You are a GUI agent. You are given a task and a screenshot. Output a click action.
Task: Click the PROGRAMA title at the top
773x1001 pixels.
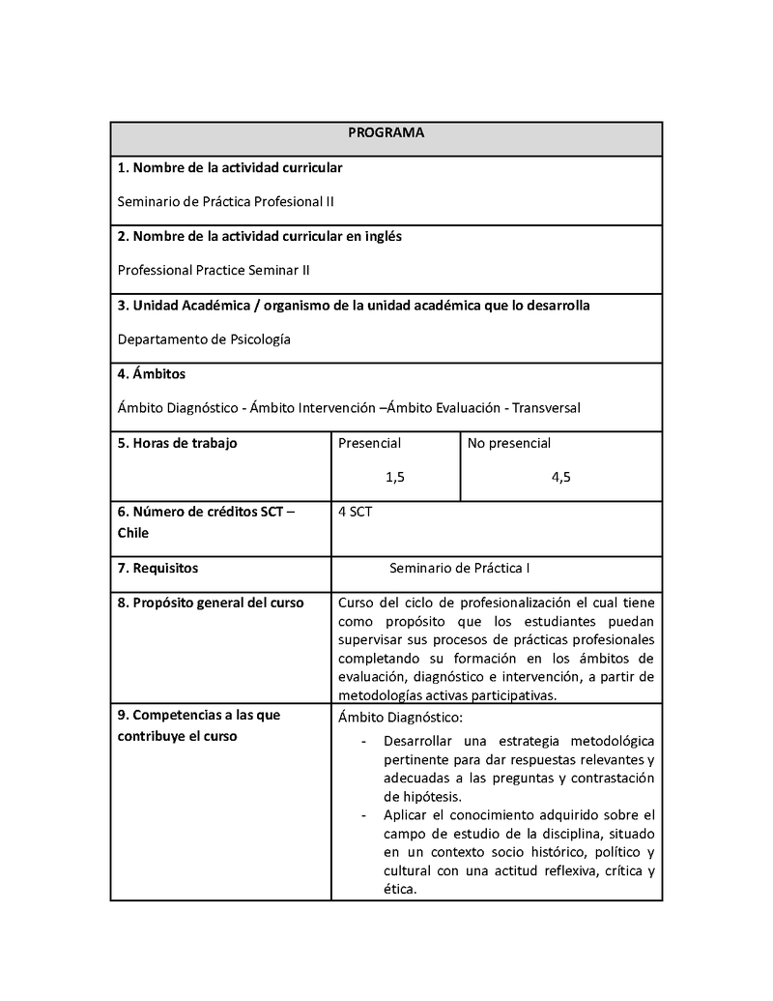(386, 132)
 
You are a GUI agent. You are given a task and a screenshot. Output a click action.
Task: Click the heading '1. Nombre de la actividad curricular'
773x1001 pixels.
(230, 168)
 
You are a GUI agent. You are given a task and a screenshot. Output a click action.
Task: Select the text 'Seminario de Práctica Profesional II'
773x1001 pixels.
(226, 202)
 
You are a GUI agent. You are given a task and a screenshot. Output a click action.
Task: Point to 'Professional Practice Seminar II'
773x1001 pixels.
(214, 271)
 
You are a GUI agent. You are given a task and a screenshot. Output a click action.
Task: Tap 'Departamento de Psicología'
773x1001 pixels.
(204, 339)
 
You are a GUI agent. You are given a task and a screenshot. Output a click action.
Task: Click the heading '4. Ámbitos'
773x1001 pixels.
(152, 374)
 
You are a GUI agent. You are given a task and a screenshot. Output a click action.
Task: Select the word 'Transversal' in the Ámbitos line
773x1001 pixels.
(546, 408)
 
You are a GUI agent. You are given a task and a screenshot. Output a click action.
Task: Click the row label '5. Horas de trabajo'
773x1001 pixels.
(177, 443)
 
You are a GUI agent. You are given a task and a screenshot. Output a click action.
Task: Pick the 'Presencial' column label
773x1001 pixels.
(370, 443)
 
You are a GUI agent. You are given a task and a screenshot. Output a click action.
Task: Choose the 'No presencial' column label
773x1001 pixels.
(509, 443)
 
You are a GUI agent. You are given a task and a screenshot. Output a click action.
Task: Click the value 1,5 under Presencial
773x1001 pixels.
(395, 477)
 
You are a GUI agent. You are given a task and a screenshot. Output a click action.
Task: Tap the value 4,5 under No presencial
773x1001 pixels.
(560, 477)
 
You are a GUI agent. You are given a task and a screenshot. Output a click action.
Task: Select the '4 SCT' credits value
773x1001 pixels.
(356, 512)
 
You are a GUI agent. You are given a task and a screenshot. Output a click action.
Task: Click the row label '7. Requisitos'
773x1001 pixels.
(157, 569)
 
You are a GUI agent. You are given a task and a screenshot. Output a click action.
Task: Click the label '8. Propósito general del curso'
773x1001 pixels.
(211, 603)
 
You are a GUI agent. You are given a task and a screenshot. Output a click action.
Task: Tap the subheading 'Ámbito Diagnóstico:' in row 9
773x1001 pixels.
(401, 717)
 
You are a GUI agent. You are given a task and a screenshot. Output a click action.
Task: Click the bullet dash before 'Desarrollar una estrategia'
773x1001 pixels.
(363, 741)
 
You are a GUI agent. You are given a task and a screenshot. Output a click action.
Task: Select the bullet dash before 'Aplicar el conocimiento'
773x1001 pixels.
(363, 815)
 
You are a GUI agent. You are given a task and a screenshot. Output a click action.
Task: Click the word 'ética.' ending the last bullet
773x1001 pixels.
(400, 890)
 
